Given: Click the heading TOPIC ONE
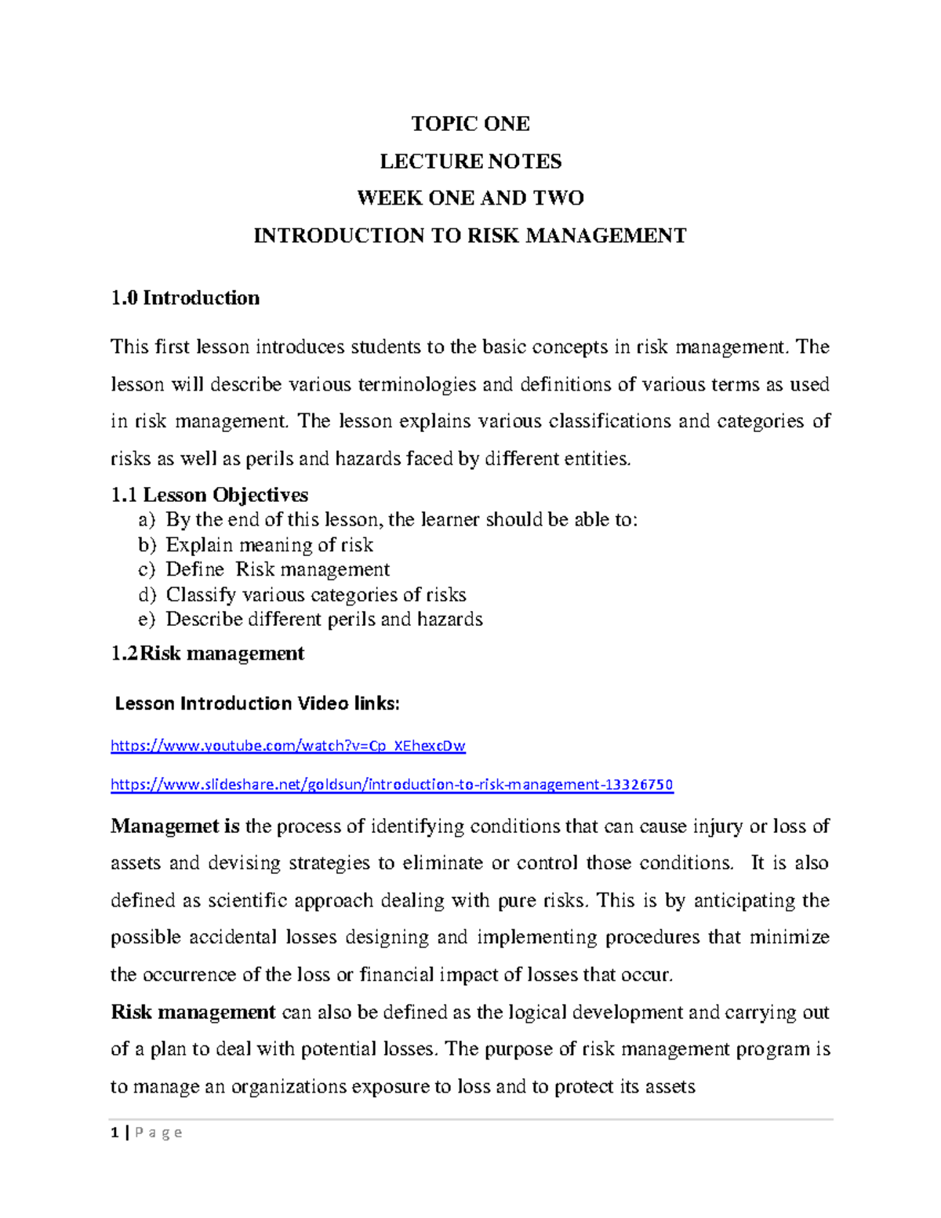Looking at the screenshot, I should [x=470, y=124].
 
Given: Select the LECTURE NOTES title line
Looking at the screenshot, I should [x=470, y=162].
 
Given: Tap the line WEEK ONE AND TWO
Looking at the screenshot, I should [x=470, y=198].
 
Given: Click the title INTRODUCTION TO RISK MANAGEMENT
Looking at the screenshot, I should [x=470, y=235].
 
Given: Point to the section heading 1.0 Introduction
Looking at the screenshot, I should [x=185, y=298].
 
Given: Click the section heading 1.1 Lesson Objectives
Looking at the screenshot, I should [x=209, y=495].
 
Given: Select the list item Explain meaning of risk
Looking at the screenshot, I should [x=269, y=545].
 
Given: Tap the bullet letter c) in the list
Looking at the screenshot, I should [x=147, y=569].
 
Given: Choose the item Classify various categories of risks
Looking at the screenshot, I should [x=316, y=595].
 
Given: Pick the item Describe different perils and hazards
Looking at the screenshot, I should [x=324, y=620].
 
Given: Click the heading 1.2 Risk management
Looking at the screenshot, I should [x=208, y=653].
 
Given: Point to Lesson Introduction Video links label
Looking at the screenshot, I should [x=257, y=704].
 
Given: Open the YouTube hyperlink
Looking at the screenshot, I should [x=288, y=746].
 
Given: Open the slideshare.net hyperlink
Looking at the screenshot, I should [x=392, y=785].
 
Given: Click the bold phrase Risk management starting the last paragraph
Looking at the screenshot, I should [x=193, y=1013].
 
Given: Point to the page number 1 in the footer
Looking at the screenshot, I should [x=114, y=1133].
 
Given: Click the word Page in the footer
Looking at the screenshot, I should [x=158, y=1133].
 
